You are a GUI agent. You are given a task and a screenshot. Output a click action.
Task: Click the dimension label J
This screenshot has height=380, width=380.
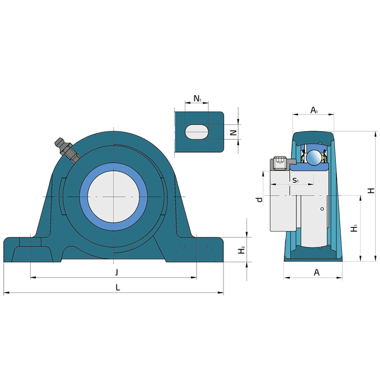coord(117,272)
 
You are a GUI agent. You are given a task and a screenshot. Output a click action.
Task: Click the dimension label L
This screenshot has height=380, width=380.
coord(118,287)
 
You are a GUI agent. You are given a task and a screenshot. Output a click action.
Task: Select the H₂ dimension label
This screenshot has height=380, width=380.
coord(241,250)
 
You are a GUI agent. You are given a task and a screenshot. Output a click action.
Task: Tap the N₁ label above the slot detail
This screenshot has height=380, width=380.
coord(197,98)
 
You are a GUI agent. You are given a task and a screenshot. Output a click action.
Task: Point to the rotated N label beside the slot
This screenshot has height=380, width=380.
coord(233,133)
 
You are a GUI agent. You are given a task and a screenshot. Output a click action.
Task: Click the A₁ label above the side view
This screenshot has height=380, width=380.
coord(314,110)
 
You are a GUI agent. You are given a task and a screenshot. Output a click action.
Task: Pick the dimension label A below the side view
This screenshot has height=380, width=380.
coord(316,273)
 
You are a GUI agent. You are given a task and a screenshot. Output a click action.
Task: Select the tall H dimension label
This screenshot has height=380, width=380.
coord(371,191)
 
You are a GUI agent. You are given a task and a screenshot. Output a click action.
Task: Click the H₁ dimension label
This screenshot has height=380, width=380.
coord(354,228)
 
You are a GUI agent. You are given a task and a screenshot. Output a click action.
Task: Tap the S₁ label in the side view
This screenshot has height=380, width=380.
coord(295,180)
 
